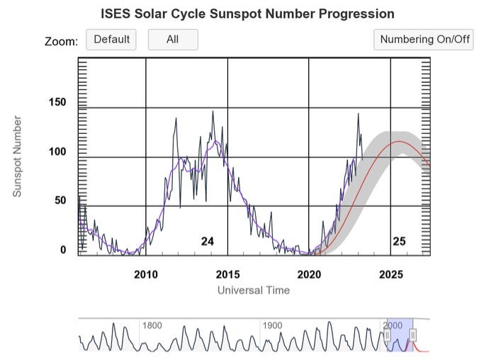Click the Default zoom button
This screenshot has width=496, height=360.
point(111,40)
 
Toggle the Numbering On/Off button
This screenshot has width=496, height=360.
point(424,40)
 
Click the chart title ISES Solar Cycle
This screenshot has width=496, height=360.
point(247,13)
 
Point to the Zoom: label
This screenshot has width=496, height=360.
point(61,41)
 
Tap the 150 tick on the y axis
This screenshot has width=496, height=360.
point(57,103)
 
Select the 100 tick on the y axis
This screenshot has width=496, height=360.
point(57,152)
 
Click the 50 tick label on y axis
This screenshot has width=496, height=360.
point(60,201)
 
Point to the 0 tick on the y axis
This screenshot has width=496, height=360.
point(63,249)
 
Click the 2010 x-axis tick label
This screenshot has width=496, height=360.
point(145,274)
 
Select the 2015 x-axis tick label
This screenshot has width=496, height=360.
point(227,274)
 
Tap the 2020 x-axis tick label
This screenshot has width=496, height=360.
point(309,274)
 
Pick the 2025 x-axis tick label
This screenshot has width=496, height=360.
point(390,274)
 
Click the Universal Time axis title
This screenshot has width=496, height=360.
point(253,290)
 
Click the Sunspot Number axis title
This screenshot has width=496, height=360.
point(17,157)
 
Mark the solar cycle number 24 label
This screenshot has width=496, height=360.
point(207,242)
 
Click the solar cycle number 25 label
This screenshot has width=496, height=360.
point(399,242)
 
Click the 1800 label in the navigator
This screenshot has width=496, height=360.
point(153,325)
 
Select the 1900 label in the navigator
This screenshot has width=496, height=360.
point(273,325)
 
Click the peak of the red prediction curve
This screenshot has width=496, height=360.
point(400,142)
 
